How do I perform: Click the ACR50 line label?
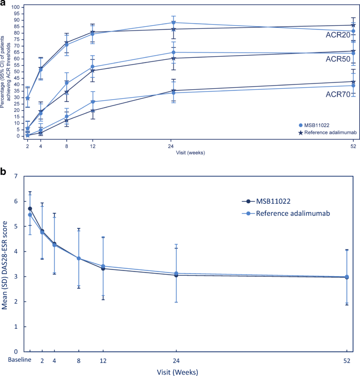point(337,59)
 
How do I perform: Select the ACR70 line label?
point(337,95)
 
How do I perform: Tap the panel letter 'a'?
point(4,4)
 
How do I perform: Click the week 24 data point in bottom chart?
point(175,274)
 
